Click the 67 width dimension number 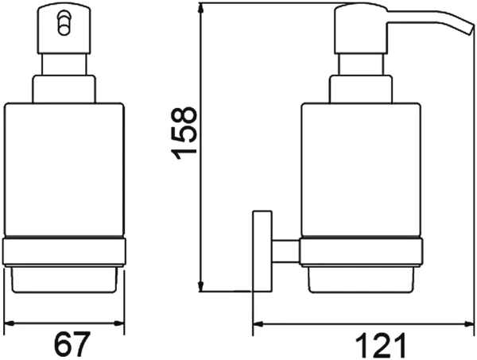pos(72,344)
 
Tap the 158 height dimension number pos(184,134)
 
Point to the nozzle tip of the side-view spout pos(471,30)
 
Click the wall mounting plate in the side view pos(262,251)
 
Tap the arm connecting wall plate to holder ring pos(285,251)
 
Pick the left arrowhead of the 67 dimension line pos(10,323)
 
